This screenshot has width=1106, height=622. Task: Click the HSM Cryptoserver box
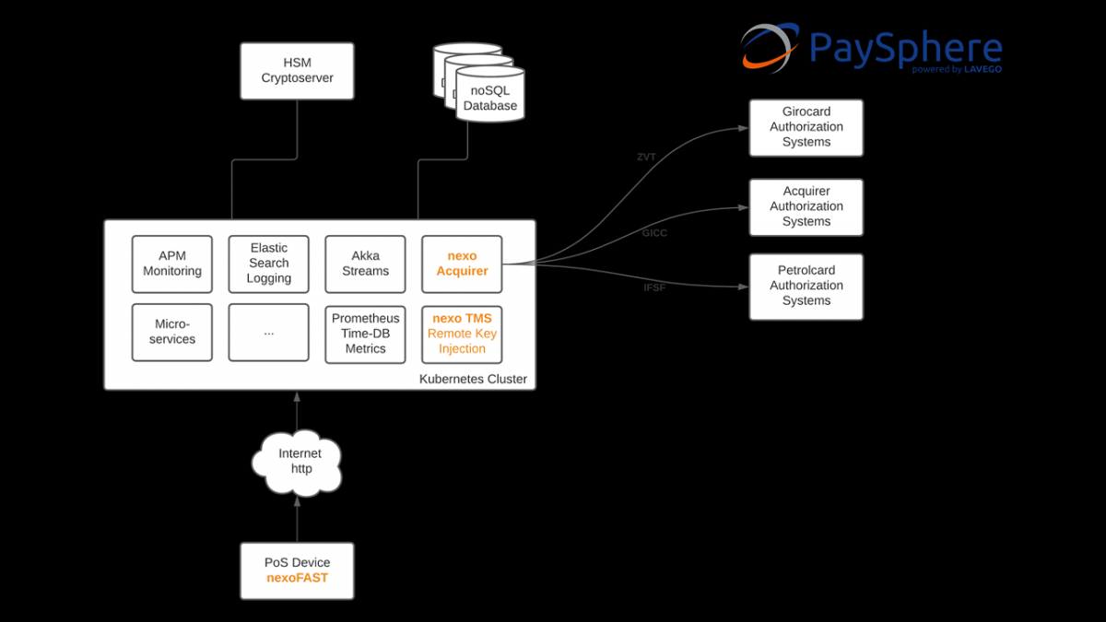pyautogui.click(x=297, y=71)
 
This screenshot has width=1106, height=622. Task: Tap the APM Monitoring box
pyautogui.click(x=172, y=264)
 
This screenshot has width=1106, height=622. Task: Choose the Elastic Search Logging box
pyautogui.click(x=269, y=264)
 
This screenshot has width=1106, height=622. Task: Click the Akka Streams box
pyautogui.click(x=365, y=264)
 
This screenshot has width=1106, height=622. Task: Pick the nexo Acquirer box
pyautogui.click(x=462, y=264)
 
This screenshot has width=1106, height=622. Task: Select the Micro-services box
pyautogui.click(x=172, y=333)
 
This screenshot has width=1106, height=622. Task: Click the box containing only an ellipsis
pyautogui.click(x=269, y=333)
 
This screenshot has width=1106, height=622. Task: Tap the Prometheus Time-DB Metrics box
pyautogui.click(x=365, y=334)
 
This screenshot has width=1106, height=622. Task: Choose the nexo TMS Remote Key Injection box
pyautogui.click(x=462, y=334)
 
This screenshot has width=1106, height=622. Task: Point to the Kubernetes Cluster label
pyautogui.click(x=473, y=379)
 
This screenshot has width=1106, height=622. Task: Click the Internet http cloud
pyautogui.click(x=298, y=462)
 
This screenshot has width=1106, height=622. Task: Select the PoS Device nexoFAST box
pyautogui.click(x=297, y=570)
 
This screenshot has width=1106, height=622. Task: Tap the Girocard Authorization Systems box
pyautogui.click(x=806, y=127)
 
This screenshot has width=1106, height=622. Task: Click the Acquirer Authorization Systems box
pyautogui.click(x=806, y=206)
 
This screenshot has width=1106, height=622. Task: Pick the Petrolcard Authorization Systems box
pyautogui.click(x=806, y=286)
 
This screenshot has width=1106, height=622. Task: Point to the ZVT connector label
pyautogui.click(x=646, y=158)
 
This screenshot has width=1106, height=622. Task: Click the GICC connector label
pyautogui.click(x=654, y=233)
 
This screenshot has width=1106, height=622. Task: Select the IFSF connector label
pyautogui.click(x=653, y=288)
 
